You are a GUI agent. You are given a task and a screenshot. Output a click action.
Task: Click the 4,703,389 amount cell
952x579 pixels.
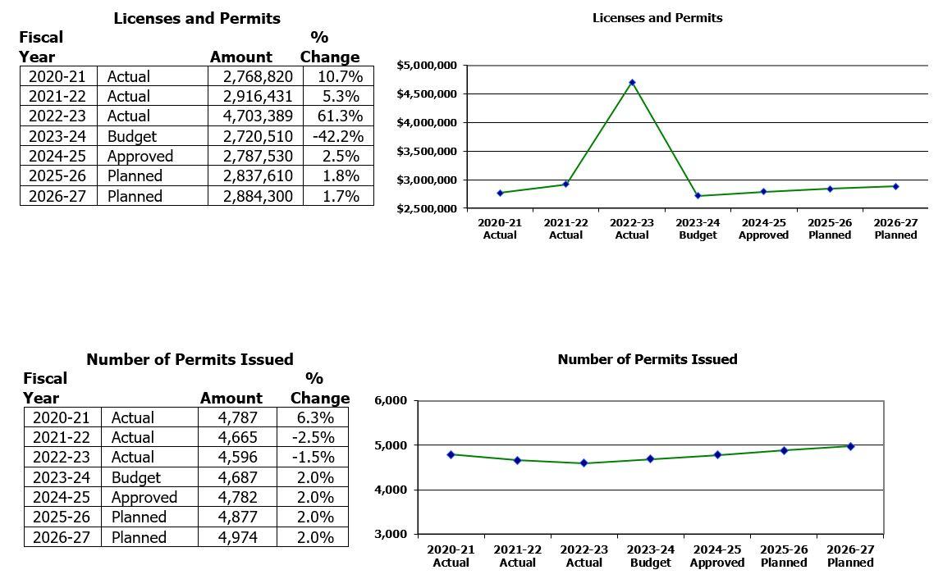pyautogui.click(x=257, y=116)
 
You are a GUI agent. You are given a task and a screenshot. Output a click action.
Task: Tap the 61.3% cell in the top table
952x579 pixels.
pyautogui.click(x=338, y=116)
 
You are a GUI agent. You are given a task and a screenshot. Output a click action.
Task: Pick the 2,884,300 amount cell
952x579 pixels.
pyautogui.click(x=257, y=196)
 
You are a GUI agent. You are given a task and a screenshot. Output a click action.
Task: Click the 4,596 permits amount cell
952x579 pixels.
pyautogui.click(x=237, y=457)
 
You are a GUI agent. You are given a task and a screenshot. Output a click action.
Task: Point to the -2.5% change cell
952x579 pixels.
pyautogui.click(x=313, y=437)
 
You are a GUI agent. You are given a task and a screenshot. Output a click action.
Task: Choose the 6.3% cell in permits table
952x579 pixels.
pyautogui.click(x=313, y=417)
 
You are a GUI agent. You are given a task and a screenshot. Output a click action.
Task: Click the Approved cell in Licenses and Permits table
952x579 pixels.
pyautogui.click(x=140, y=156)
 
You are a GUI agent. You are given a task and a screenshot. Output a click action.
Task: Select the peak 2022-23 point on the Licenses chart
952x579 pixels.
pyautogui.click(x=632, y=82)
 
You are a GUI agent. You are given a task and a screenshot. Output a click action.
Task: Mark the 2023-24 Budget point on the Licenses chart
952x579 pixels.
pyautogui.click(x=698, y=196)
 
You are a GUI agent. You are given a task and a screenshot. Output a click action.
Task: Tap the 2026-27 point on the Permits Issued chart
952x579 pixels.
pyautogui.click(x=850, y=446)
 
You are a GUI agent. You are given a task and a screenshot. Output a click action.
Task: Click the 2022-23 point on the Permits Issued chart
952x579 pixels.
pyautogui.click(x=584, y=463)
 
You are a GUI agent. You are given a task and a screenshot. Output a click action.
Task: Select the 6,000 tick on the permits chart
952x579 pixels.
pyautogui.click(x=390, y=400)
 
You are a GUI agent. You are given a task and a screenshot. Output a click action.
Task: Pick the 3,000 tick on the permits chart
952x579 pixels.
pyautogui.click(x=390, y=535)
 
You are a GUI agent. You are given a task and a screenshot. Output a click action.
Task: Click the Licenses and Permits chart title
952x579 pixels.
pyautogui.click(x=657, y=18)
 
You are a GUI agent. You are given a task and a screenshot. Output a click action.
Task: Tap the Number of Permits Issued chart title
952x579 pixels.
pyautogui.click(x=647, y=359)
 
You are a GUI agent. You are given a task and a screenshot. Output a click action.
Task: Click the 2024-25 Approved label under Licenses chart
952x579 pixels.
pyautogui.click(x=763, y=229)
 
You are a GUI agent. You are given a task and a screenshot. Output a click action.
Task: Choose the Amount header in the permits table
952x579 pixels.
pyautogui.click(x=231, y=398)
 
